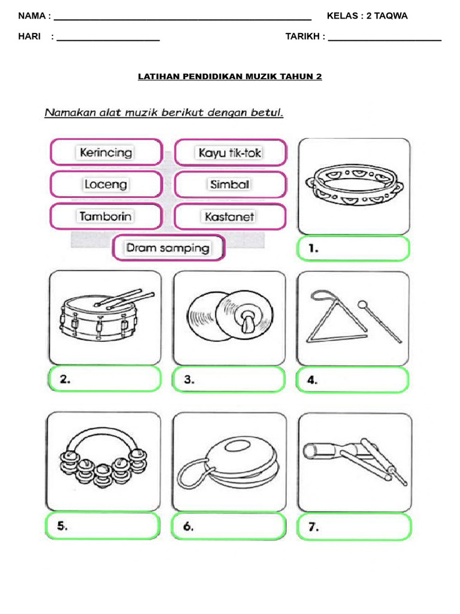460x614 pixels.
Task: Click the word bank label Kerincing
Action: point(106,152)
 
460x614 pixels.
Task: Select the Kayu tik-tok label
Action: point(230,152)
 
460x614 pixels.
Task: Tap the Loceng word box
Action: point(106,184)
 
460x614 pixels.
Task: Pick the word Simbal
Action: point(230,184)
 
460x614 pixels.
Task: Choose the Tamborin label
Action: point(106,216)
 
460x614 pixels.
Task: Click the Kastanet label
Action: point(230,216)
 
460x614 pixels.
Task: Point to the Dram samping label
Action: point(168,248)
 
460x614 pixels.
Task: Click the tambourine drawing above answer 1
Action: point(353,185)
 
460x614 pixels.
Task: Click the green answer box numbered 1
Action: point(353,249)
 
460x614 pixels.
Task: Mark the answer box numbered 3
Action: point(229,380)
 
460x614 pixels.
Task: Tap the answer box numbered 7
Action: point(353,526)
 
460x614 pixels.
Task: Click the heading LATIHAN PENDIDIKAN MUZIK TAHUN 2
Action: point(230,77)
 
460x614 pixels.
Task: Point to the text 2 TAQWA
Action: point(387,16)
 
